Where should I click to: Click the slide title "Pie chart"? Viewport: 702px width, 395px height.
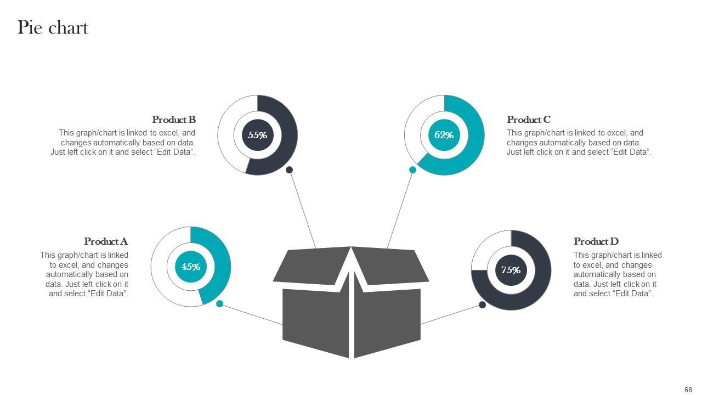(53, 27)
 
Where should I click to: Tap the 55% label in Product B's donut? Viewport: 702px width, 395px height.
(257, 135)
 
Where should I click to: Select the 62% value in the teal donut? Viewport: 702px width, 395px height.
(444, 135)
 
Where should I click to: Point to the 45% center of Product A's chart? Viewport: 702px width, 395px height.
(191, 267)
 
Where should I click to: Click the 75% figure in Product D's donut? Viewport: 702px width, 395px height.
(511, 270)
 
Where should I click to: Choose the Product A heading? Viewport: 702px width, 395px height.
(106, 241)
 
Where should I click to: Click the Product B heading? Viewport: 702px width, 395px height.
(174, 120)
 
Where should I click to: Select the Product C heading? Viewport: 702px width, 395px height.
(529, 120)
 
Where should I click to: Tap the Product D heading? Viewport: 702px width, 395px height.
(596, 241)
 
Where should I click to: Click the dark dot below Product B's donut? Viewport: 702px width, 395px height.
(290, 170)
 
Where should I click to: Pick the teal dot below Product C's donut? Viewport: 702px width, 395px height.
(413, 170)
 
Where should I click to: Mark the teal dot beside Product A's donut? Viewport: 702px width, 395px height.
(220, 304)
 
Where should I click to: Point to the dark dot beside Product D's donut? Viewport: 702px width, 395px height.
(483, 305)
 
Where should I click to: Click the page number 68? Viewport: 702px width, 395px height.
(688, 390)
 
